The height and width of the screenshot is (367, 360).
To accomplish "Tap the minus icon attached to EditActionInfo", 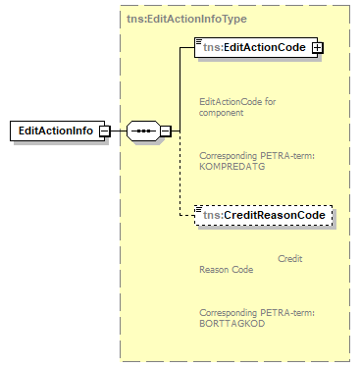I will [104, 131].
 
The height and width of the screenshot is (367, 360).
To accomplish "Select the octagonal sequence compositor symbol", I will [142, 131].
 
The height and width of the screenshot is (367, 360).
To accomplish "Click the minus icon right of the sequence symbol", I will [166, 131].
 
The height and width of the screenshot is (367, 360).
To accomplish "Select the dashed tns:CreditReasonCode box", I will [263, 215].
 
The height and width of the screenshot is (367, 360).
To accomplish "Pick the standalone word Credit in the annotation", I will [290, 259].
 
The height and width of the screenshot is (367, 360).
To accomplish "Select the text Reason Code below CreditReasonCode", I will [226, 270].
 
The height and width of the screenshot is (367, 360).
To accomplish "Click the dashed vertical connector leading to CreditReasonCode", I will [180, 177].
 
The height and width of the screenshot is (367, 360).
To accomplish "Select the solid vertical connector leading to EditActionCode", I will [180, 88].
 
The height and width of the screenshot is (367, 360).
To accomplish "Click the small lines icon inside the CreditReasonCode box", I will [200, 210].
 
